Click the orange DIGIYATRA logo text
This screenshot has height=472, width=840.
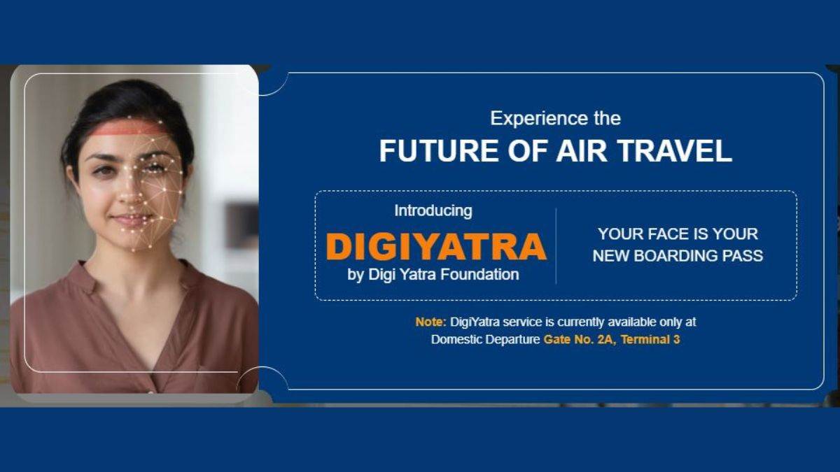coord(436,247)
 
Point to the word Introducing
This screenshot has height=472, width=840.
coord(433,210)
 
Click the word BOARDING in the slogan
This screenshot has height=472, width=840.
coord(687,256)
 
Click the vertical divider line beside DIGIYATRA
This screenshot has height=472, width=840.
coord(556,245)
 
